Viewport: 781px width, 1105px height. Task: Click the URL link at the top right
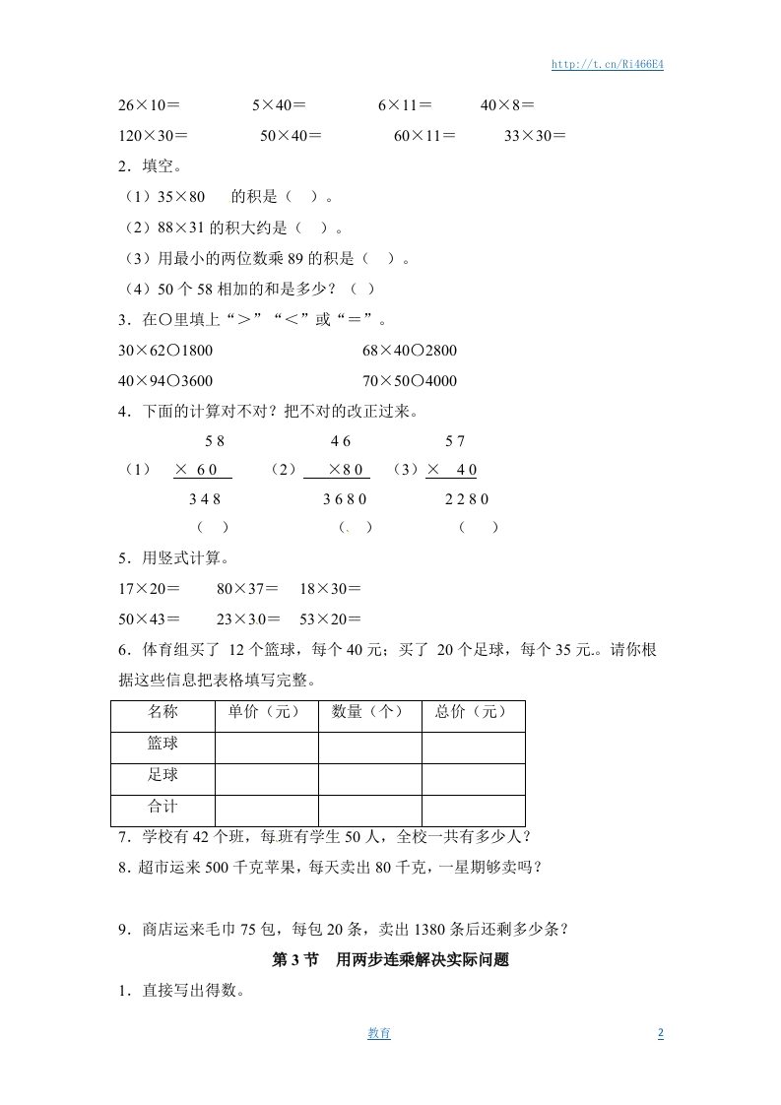pyautogui.click(x=607, y=64)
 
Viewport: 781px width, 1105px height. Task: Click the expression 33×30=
pyautogui.click(x=535, y=136)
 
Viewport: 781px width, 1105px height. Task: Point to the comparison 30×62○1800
pyautogui.click(x=165, y=350)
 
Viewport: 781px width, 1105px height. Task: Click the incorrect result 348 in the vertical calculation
pyautogui.click(x=205, y=499)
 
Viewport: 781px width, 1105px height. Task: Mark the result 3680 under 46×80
pyautogui.click(x=345, y=499)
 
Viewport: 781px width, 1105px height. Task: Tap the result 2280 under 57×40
pyautogui.click(x=467, y=499)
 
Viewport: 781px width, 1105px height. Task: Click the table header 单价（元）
pyautogui.click(x=265, y=712)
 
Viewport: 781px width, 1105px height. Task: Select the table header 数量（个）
pyautogui.click(x=368, y=712)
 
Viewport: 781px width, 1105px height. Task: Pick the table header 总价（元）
pyautogui.click(x=472, y=712)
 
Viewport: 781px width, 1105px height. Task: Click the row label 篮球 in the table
pyautogui.click(x=163, y=744)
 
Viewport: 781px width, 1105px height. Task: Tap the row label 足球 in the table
pyautogui.click(x=163, y=775)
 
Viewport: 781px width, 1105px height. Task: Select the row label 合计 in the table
pyautogui.click(x=163, y=807)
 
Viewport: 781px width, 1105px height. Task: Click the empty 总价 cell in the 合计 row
pyautogui.click(x=473, y=808)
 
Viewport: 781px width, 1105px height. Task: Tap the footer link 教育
pyautogui.click(x=379, y=1033)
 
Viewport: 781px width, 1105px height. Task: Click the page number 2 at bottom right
pyautogui.click(x=660, y=1033)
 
